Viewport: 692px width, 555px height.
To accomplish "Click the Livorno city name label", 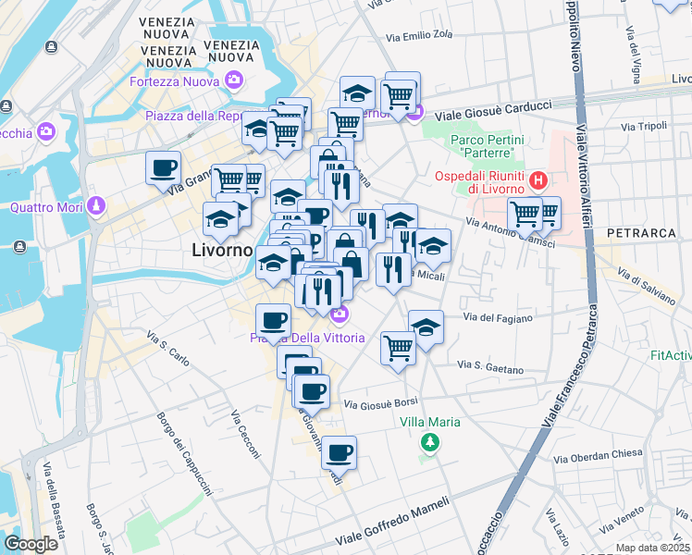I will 221,250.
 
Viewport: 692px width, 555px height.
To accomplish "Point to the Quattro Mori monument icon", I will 95,206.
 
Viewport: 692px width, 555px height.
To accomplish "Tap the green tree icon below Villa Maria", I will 429,442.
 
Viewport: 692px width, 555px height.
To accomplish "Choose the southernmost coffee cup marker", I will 340,452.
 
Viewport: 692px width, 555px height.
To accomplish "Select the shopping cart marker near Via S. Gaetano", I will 398,348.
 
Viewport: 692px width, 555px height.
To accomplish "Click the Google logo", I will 31,544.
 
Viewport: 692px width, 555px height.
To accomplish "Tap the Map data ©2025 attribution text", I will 652,548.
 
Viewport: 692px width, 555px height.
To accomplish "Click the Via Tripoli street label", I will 644,126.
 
